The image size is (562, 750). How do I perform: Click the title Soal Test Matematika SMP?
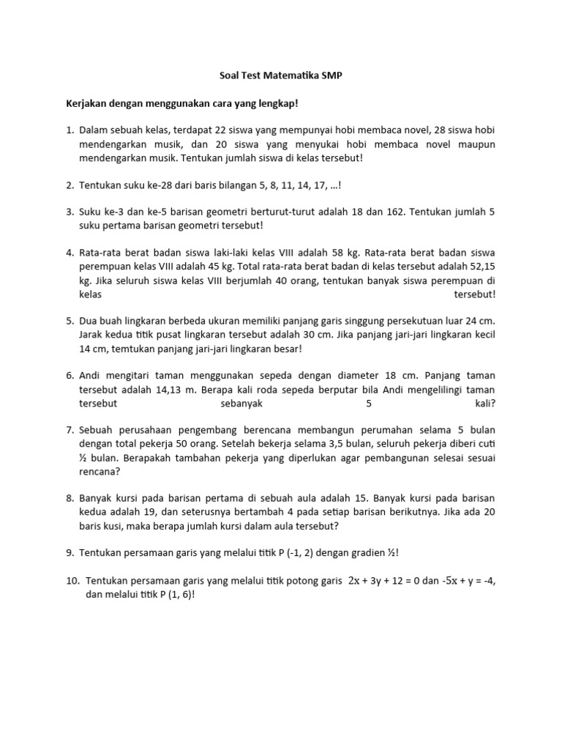point(280,75)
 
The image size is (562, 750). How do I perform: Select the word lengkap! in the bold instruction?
point(277,104)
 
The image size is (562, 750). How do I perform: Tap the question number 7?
point(70,428)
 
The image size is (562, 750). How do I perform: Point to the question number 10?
point(72,580)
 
